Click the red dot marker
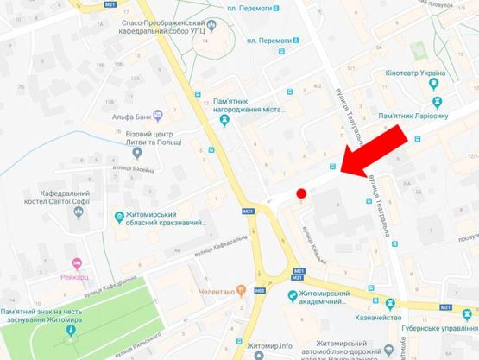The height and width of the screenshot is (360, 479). point(301,193)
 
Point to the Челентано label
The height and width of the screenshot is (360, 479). point(272,292)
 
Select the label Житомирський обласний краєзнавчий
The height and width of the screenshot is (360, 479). point(169,219)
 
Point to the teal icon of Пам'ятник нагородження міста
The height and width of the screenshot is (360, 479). point(224,120)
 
